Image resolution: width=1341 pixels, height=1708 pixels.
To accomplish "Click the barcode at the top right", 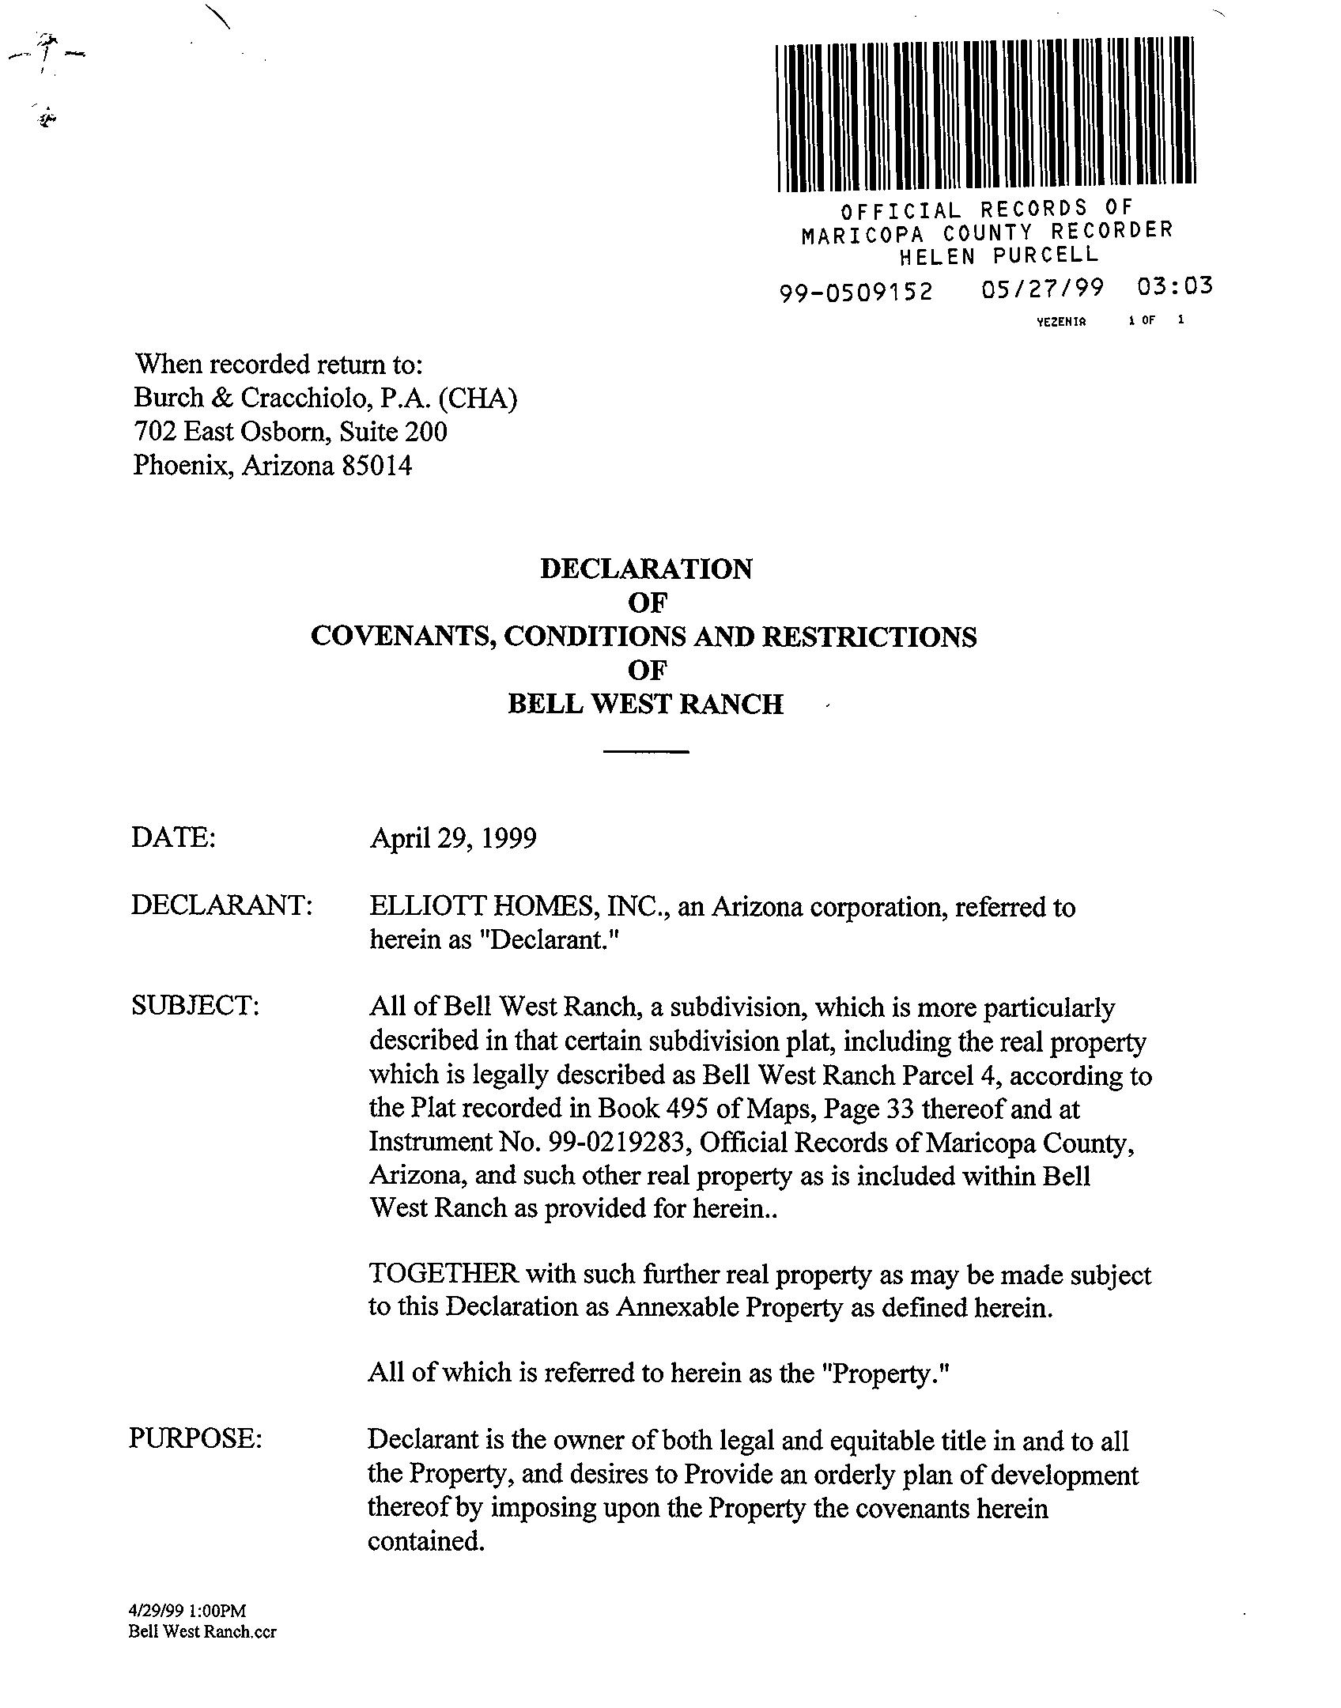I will click(985, 115).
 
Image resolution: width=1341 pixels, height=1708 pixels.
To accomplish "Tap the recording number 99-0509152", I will click(856, 293).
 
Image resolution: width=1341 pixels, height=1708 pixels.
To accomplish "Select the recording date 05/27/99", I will click(1041, 289).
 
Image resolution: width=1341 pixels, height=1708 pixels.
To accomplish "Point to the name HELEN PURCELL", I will click(999, 256).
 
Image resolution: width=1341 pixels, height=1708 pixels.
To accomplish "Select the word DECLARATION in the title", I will click(646, 569).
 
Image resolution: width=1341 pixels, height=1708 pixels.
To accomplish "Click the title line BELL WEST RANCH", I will click(645, 704).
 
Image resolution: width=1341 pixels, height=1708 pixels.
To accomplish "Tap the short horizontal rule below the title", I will click(646, 751).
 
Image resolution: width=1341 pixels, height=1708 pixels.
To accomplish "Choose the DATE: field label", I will click(173, 837).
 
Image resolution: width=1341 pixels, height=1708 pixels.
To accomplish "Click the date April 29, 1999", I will click(453, 838).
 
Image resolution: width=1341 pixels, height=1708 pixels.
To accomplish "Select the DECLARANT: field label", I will click(222, 905).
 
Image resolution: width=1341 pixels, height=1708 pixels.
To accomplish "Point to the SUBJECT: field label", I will click(195, 1006).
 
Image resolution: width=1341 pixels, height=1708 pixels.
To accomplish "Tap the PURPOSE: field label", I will click(195, 1438).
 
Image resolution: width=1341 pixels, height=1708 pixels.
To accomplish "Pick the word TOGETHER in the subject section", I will click(443, 1274).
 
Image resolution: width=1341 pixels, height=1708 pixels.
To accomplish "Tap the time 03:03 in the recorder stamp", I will click(1174, 286).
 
